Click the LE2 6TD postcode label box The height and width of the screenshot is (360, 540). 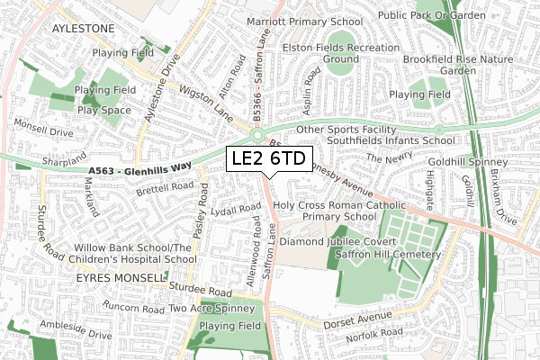[x=268, y=159]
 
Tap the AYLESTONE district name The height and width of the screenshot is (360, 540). [x=84, y=29]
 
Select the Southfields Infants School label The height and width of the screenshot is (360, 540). [x=390, y=140]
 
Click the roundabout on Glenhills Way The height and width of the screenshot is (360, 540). [x=260, y=136]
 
